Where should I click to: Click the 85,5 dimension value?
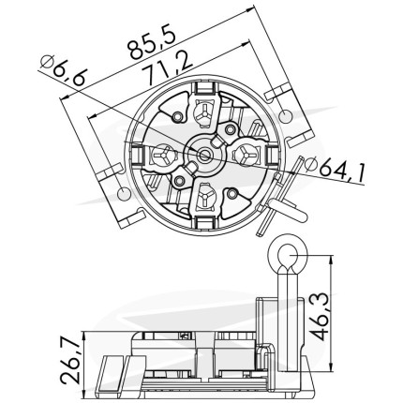click(x=152, y=41)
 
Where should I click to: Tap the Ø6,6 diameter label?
click(x=63, y=71)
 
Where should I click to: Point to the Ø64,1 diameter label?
click(x=335, y=170)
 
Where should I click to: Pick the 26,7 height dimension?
click(x=69, y=361)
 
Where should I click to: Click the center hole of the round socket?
click(x=205, y=155)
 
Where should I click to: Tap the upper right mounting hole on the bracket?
click(x=285, y=116)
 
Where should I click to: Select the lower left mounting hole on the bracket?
click(x=123, y=193)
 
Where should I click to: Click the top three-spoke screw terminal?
click(x=203, y=114)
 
